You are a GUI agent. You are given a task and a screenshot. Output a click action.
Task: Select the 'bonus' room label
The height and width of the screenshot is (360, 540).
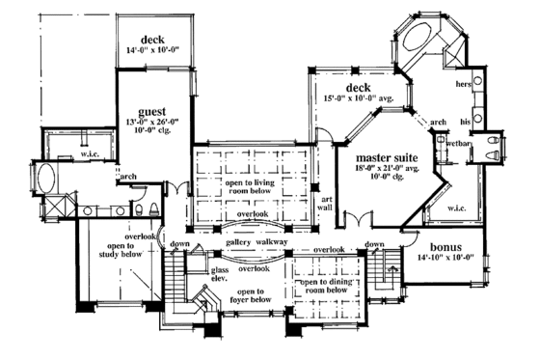pyautogui.click(x=445, y=247)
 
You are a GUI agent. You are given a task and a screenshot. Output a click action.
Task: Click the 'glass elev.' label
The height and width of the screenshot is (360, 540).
pyautogui.click(x=219, y=274)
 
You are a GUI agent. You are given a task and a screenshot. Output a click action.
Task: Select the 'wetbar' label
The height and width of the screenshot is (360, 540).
pyautogui.click(x=457, y=143)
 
